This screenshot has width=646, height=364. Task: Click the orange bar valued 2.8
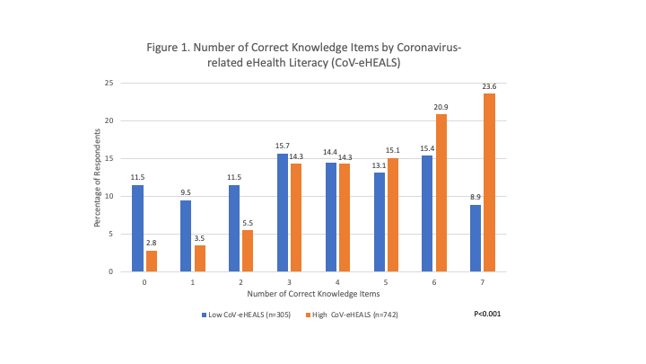[x=151, y=261]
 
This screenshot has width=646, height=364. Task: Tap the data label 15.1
[x=392, y=151]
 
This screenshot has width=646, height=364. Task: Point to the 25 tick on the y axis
[x=108, y=83]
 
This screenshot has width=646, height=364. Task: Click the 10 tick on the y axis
[x=108, y=196]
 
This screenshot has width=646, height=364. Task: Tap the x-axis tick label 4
[x=337, y=280]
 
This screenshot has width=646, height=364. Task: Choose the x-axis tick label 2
[x=240, y=280]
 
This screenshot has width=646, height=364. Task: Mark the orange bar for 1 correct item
[x=199, y=258]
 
